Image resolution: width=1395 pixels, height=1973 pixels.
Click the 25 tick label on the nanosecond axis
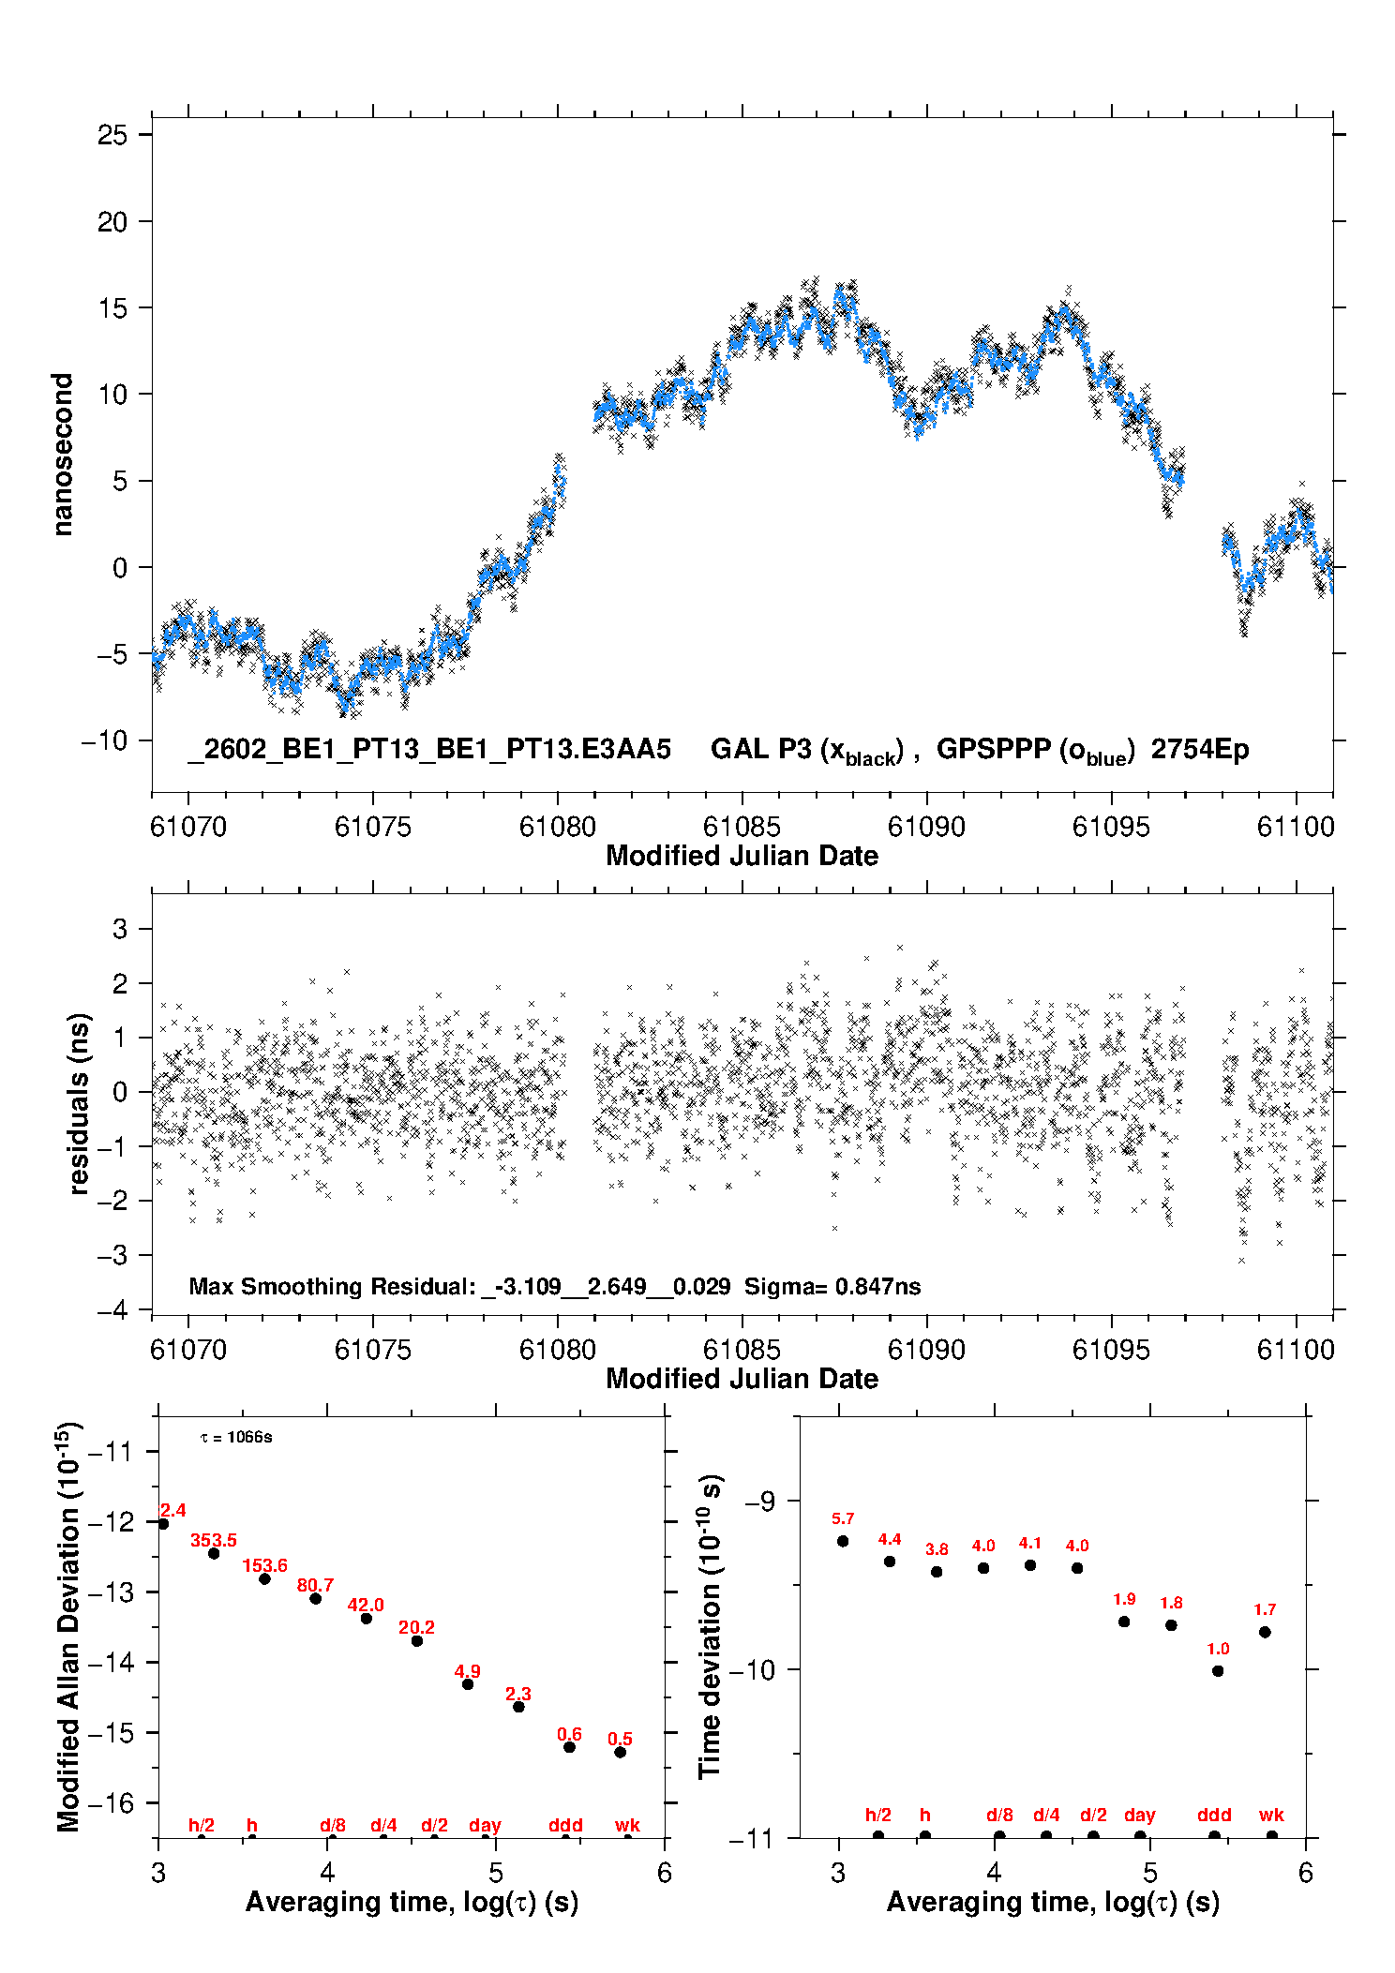pos(112,135)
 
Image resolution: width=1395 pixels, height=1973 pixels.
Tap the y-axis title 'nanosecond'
pos(63,455)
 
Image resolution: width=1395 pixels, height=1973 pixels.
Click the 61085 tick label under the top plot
pos(742,827)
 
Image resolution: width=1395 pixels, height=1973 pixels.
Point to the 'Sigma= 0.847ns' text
pos(832,1287)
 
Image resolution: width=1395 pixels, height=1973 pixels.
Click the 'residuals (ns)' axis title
pos(80,1103)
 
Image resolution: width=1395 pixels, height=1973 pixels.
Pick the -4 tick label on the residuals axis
pos(112,1310)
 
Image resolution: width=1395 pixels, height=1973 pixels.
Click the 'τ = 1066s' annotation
pos(236,1438)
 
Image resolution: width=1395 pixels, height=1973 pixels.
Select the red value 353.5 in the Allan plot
pos(214,1540)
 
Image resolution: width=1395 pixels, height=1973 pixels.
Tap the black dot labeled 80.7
pos(316,1598)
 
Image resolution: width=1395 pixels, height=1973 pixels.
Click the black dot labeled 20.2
pos(417,1640)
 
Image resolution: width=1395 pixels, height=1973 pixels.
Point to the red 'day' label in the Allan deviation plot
pos(485,1825)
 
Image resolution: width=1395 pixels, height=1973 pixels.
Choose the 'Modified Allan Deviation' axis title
pos(68,1626)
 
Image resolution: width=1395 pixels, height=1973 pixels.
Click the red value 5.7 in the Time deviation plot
pos(843,1518)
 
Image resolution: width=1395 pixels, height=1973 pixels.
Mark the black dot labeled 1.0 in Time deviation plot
pos(1218,1670)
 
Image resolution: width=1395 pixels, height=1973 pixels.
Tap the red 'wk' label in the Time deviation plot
pos(1271,1815)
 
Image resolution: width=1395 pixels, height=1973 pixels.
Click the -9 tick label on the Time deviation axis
pos(759,1501)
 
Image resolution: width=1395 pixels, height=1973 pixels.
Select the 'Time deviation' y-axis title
pos(711,1626)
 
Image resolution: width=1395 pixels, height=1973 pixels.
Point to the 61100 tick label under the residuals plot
pos(1295,1350)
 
